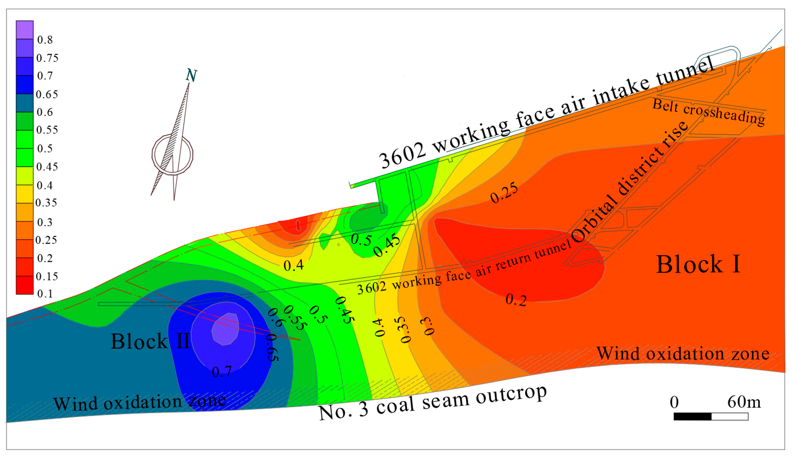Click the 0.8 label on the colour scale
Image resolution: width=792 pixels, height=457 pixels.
tap(45, 40)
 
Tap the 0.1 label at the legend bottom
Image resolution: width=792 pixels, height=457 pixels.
tap(45, 293)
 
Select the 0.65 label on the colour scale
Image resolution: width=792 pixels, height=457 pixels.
tap(47, 94)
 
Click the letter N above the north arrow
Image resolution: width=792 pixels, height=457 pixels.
tap(191, 75)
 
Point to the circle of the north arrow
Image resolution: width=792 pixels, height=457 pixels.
tap(172, 154)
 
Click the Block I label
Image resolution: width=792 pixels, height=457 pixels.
tap(698, 264)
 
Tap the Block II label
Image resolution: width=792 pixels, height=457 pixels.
tap(150, 341)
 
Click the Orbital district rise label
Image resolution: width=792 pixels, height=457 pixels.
tap(629, 183)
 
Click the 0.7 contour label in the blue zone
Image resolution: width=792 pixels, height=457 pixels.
tap(222, 371)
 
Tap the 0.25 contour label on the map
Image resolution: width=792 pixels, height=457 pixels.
tap(504, 193)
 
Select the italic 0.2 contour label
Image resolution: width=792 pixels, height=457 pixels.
tap(516, 300)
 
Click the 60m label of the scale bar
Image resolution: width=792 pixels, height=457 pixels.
tap(744, 402)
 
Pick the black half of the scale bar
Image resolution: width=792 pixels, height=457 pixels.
tap(692, 417)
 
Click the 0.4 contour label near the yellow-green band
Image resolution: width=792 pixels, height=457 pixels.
tap(294, 265)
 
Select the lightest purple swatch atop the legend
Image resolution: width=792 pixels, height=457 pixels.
tap(25, 29)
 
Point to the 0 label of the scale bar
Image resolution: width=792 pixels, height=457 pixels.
tap(674, 402)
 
